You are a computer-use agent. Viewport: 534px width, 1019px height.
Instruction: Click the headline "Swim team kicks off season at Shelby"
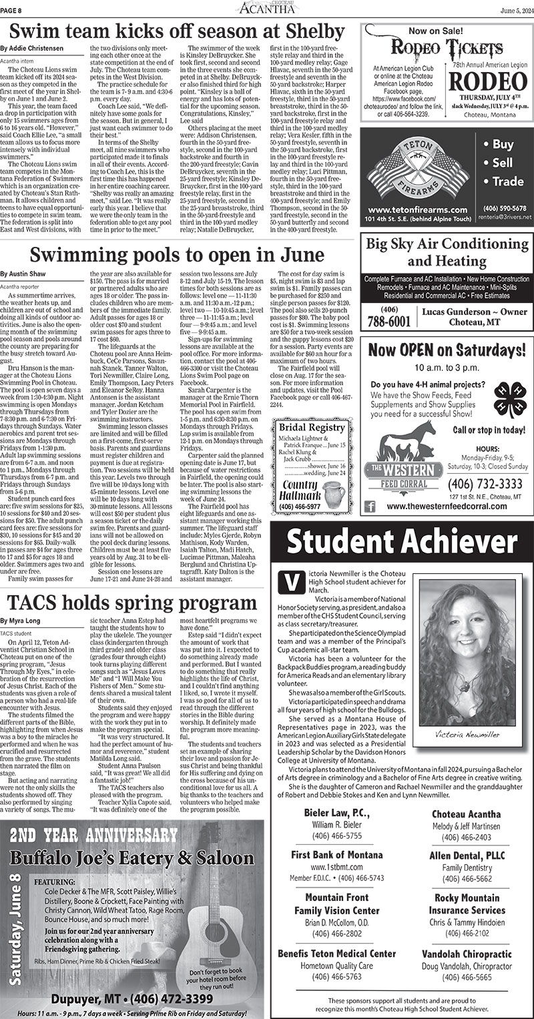point(172,31)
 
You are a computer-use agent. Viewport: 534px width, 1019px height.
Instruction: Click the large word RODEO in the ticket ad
point(487,80)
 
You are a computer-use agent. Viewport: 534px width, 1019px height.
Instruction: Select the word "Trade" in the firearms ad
point(507,182)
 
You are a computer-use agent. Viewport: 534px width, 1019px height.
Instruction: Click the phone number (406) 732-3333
point(476,483)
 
